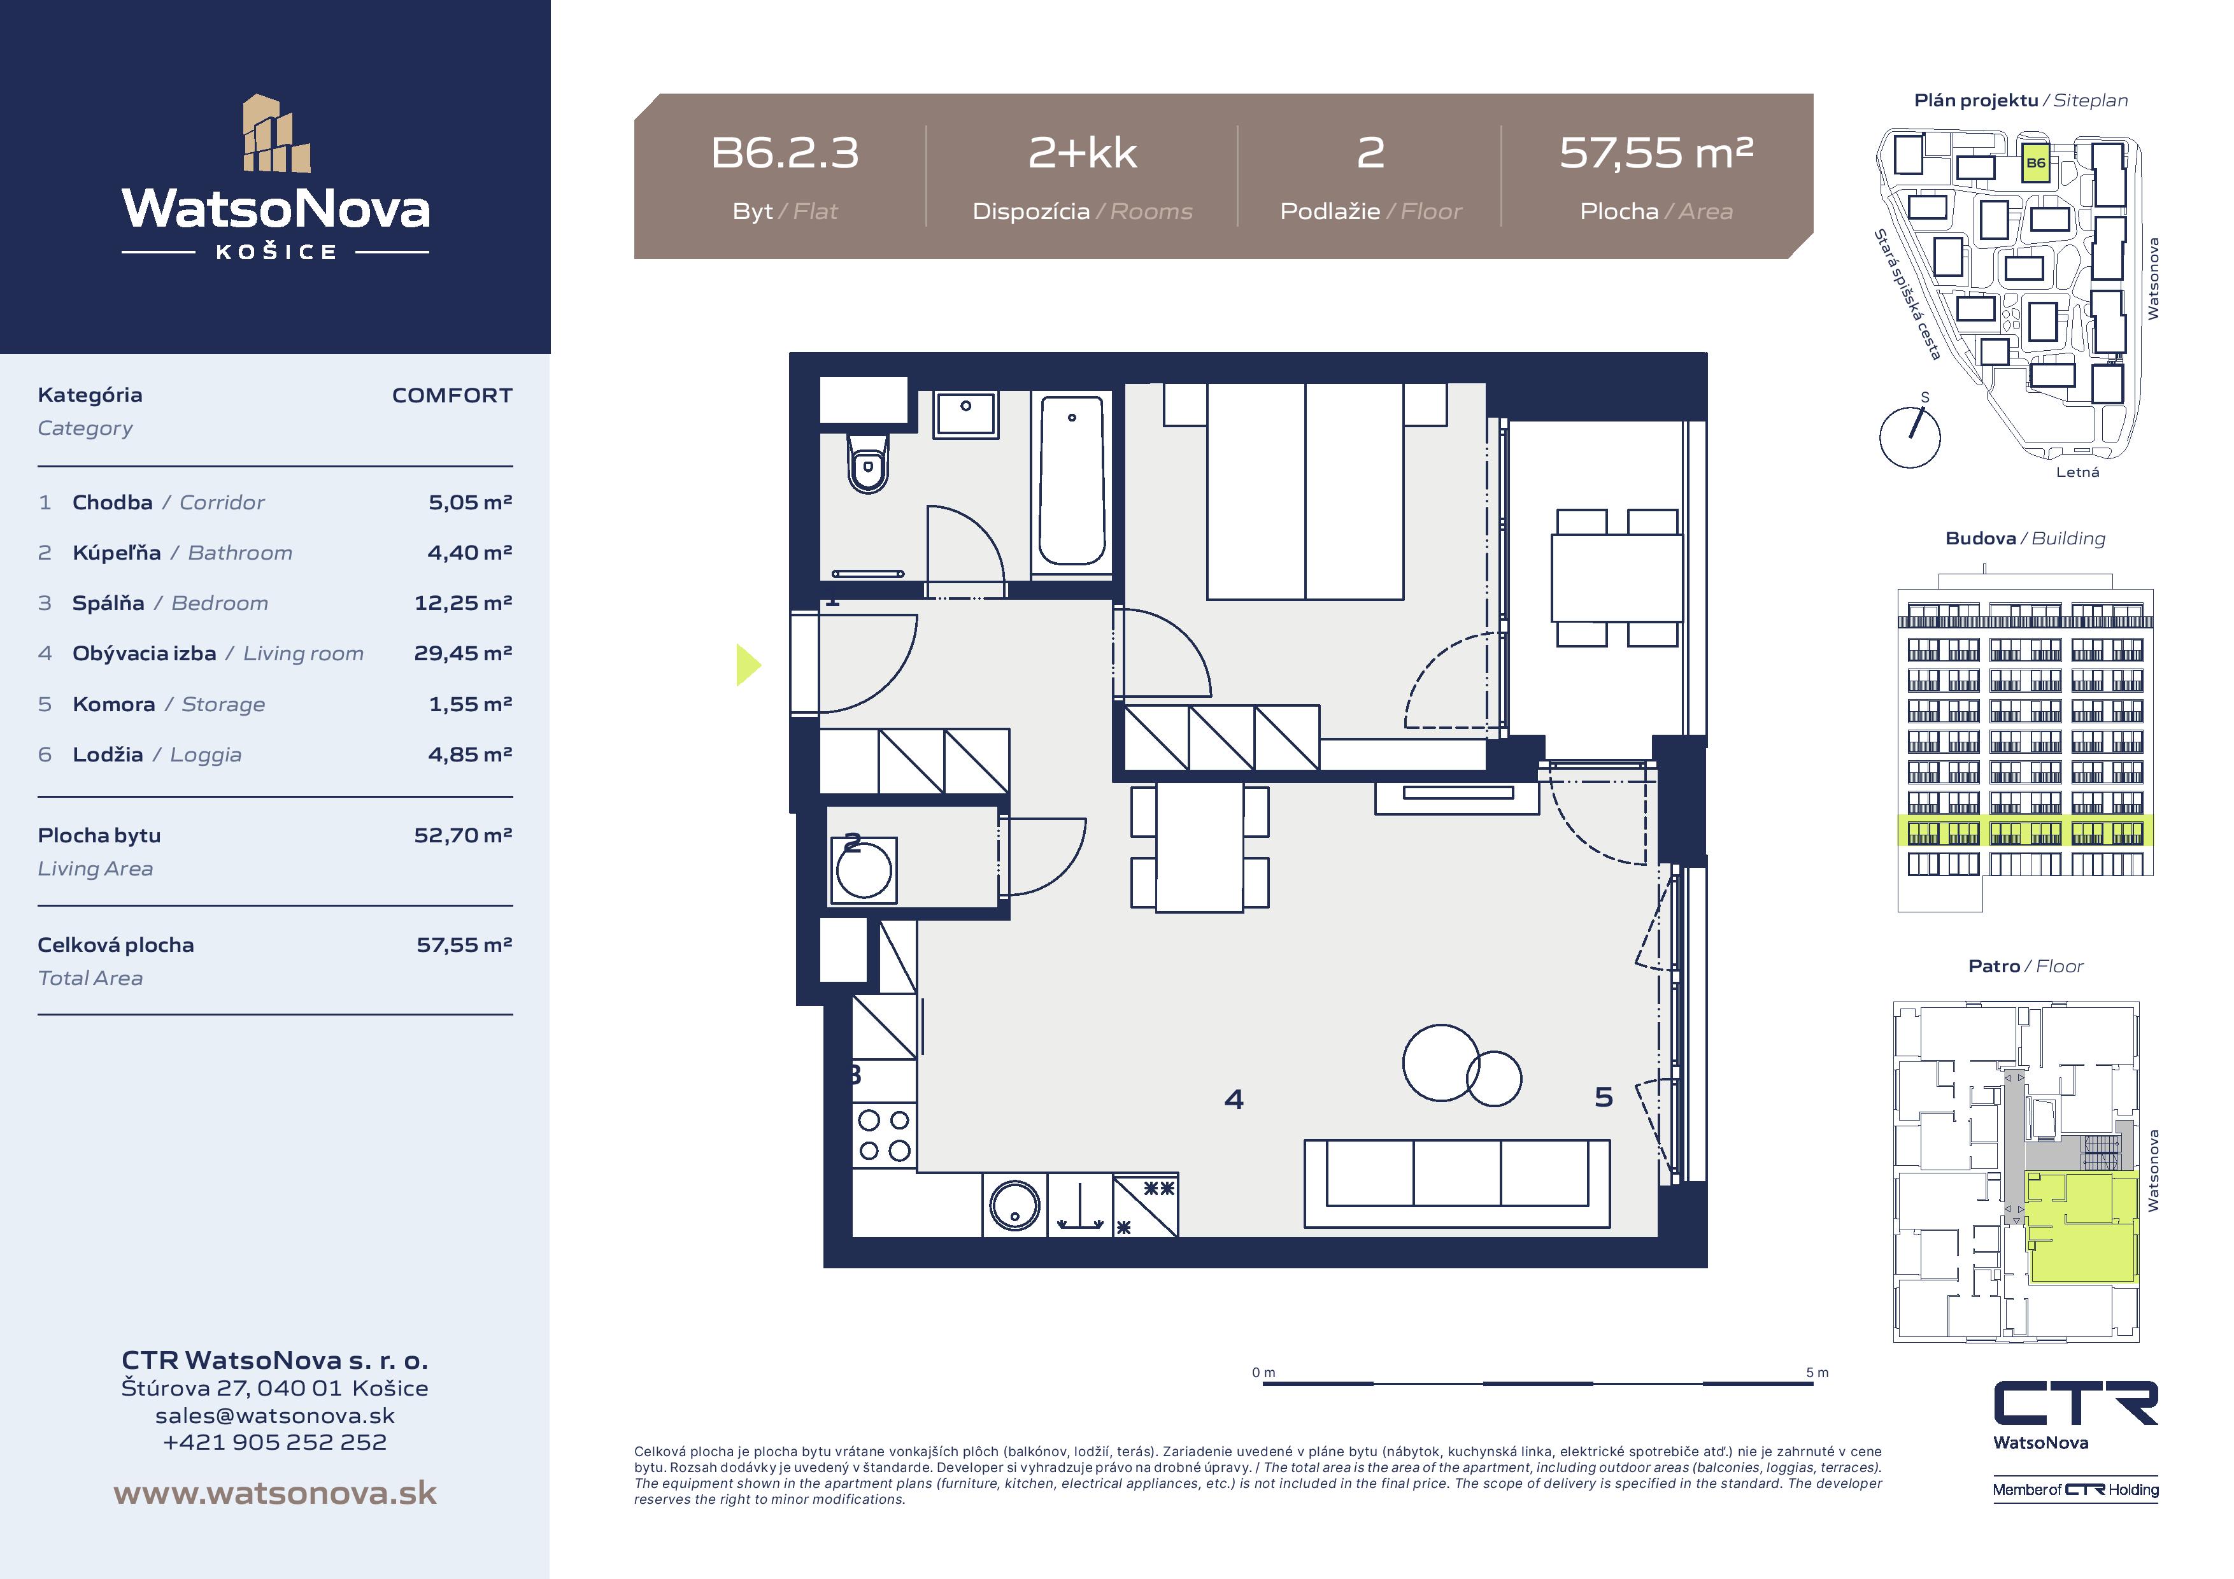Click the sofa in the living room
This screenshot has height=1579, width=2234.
pos(1456,1183)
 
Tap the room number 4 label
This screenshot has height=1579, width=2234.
pos(1234,1100)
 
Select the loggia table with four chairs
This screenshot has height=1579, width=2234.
pos(1617,578)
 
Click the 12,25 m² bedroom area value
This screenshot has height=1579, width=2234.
pos(463,602)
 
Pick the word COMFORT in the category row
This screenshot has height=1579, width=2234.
pos(452,395)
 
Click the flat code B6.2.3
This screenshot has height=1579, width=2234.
pos(785,153)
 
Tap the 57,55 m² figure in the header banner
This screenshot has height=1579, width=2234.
pos(1656,153)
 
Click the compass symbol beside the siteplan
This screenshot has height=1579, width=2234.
pos(1910,435)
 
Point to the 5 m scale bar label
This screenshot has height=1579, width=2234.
pos(1817,1373)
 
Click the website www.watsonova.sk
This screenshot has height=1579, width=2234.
pos(275,1492)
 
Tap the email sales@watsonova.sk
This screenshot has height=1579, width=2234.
pos(275,1415)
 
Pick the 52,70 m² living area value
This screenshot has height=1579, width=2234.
pos(463,835)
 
